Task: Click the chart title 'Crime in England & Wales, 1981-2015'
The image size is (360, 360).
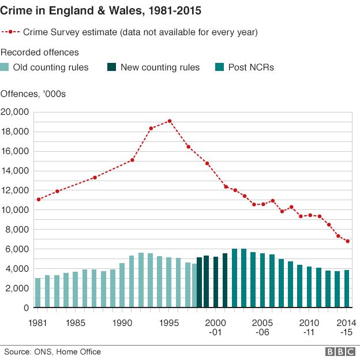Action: point(102,11)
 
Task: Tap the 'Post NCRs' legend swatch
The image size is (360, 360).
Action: point(220,67)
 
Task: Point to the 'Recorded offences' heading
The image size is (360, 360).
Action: point(39,52)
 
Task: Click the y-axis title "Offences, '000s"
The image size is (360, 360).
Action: point(33,93)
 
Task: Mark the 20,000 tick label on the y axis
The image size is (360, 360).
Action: point(16,112)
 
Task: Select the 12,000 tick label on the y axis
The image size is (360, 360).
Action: point(16,190)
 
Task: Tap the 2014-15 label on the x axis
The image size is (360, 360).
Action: point(345,327)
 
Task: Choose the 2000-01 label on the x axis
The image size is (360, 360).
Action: point(215,327)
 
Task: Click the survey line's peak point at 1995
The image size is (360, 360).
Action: point(170,121)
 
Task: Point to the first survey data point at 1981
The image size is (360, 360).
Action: point(38,200)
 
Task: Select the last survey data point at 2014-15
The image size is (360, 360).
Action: point(347,241)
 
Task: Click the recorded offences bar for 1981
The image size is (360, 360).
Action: point(38,293)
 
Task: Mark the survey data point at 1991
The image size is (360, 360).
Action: point(132,160)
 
